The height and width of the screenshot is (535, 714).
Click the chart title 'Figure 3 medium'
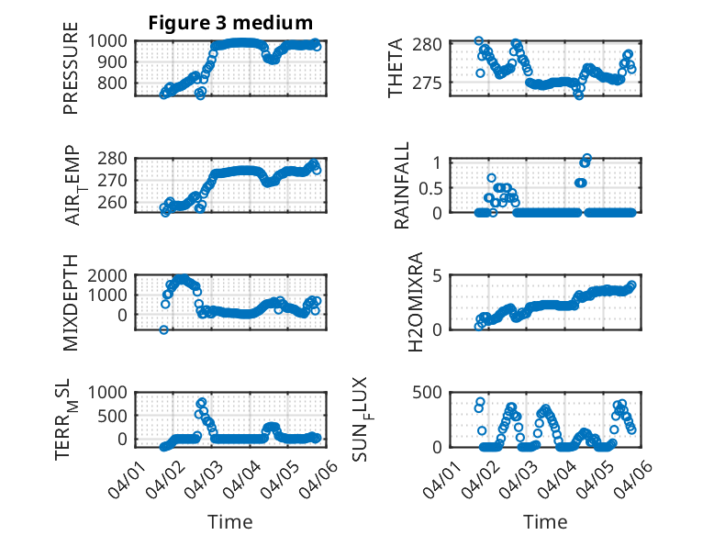tap(230, 22)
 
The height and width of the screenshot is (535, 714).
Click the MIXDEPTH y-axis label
tap(71, 304)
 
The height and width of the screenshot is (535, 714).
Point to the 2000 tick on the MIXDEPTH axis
tap(110, 275)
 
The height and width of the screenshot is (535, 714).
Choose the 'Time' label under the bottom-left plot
tap(229, 521)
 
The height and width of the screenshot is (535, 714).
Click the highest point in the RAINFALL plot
tap(586, 158)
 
